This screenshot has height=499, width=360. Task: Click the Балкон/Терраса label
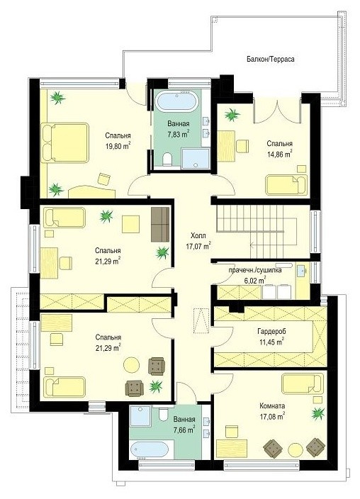click(270, 60)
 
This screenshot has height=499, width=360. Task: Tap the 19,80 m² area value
click(118, 147)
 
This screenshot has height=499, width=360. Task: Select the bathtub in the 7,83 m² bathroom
click(177, 101)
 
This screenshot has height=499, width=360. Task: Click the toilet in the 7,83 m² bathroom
click(167, 159)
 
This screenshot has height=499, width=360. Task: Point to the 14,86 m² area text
click(279, 154)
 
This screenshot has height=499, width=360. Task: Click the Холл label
click(198, 236)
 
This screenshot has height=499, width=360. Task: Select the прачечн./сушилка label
click(255, 271)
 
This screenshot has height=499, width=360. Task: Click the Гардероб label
click(271, 331)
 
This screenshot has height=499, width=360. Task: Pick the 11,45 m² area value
click(271, 342)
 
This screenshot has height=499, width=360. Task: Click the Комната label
click(272, 405)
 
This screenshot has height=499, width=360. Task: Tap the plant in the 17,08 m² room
click(317, 414)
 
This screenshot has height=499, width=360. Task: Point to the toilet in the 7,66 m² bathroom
click(163, 415)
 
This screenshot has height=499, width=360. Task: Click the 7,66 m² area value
click(184, 430)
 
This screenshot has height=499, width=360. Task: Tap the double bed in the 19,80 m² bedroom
click(65, 143)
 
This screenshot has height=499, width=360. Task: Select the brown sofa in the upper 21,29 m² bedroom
click(160, 224)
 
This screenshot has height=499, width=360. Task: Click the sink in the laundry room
click(300, 271)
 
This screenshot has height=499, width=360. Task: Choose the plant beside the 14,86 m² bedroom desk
click(232, 115)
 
